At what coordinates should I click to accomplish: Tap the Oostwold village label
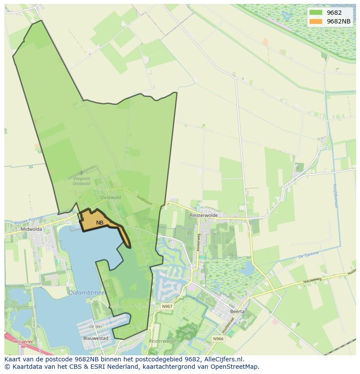(110, 197)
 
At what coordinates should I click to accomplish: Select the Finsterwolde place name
(206, 215)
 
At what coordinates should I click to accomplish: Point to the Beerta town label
(237, 311)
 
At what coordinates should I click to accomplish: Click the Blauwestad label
(96, 338)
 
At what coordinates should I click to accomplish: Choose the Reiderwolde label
(162, 341)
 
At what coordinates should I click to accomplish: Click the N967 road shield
(167, 306)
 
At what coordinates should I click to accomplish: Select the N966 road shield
(218, 338)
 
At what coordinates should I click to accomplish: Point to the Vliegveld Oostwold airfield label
(81, 181)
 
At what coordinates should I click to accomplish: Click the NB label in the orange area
(100, 223)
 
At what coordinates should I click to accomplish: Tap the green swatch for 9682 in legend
(316, 13)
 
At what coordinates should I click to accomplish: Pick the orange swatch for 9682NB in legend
(316, 21)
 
